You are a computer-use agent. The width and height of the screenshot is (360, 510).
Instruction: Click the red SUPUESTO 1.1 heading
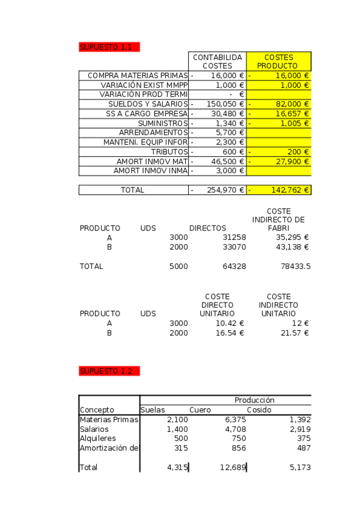click(109, 47)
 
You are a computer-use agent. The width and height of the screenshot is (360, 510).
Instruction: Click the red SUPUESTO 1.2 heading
click(109, 371)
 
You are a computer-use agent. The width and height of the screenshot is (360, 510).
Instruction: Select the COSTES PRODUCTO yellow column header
click(279, 61)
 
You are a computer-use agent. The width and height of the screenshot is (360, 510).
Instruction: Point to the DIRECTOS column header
click(208, 229)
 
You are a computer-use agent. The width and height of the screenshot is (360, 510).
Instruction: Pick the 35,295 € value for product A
click(289, 238)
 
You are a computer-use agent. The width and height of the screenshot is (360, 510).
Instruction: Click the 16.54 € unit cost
click(230, 332)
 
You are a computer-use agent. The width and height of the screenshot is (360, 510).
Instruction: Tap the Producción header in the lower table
click(254, 400)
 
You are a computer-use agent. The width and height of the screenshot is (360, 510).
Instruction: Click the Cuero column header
click(200, 410)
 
